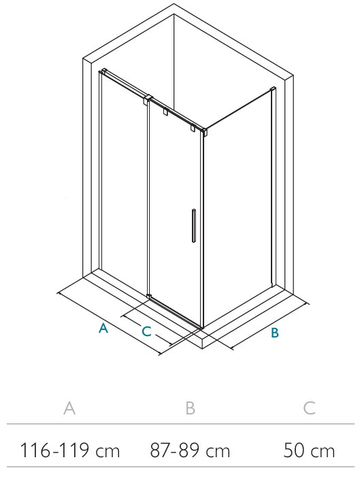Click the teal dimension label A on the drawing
coord(103,328)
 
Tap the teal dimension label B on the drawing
coord(275,333)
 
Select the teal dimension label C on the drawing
coord(146,331)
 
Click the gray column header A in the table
coord(69,408)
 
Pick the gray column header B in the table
coord(190,408)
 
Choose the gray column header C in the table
coord(309,408)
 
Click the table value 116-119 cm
coord(70,450)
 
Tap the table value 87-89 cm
coord(190,450)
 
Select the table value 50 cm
coord(309,450)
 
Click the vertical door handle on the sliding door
coord(193,225)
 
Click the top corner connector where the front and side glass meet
coord(204,131)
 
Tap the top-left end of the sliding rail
coord(103,71)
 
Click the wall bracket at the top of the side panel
coord(273,89)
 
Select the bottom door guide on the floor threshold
coord(149,297)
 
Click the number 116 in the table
coord(35,450)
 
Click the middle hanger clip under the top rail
coord(165,112)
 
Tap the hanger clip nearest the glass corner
coord(193,128)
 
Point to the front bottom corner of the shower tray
coord(203,348)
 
